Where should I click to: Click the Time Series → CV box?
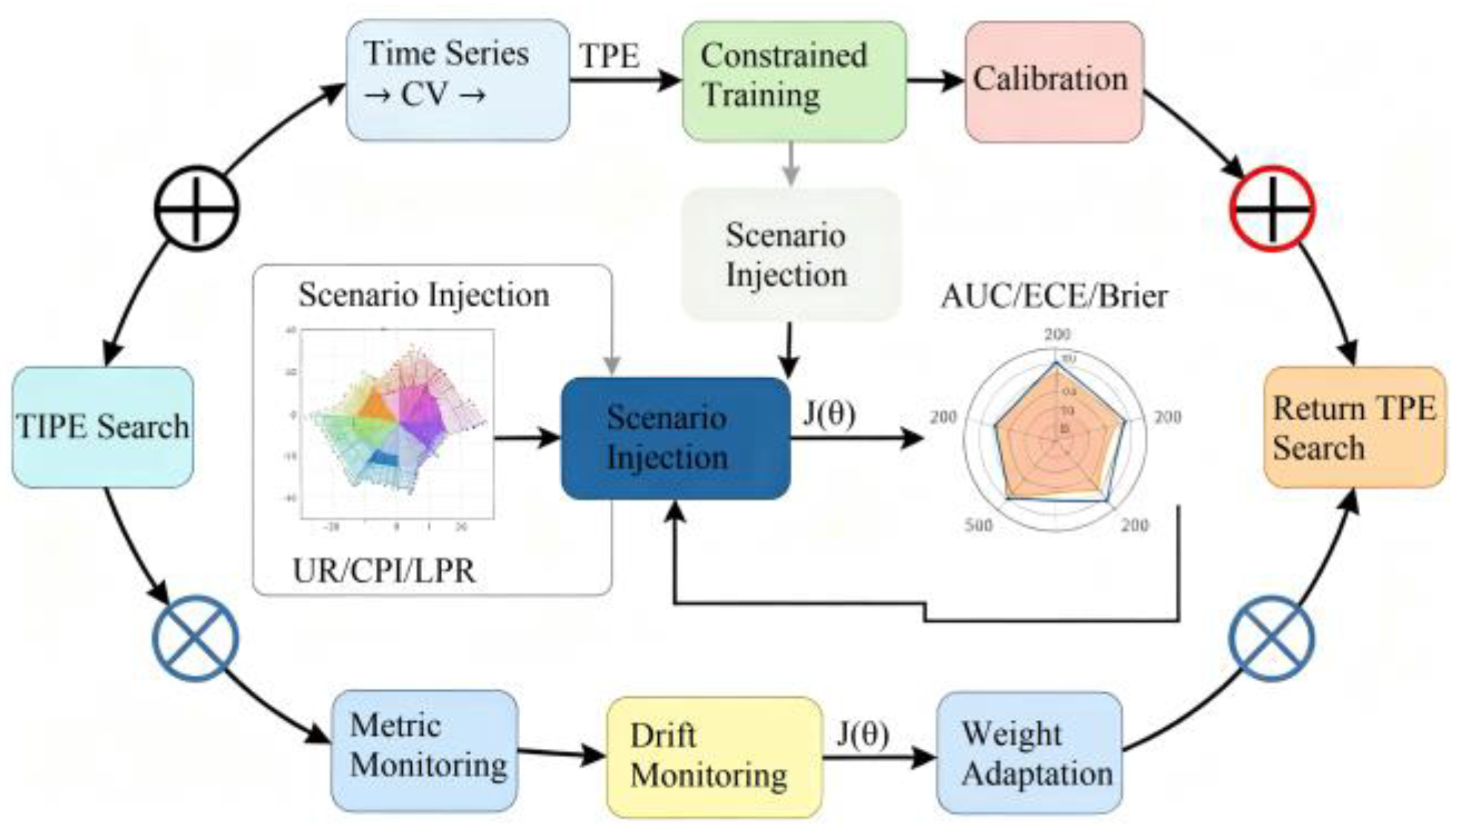pos(458,80)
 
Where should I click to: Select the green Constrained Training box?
pos(794,80)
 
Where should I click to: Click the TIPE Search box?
pos(102,427)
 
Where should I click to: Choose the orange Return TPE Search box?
pos(1355,427)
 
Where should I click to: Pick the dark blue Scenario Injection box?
pos(675,438)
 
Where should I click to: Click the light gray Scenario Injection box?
pos(791,254)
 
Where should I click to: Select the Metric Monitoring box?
pos(424,750)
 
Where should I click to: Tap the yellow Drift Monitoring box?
pos(714,756)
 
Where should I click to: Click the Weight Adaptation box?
pos(1030,753)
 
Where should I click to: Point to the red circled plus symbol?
pos(1272,208)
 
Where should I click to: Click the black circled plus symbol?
pos(197,208)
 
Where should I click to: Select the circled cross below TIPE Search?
pos(195,638)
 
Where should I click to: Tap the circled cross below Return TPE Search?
pos(1271,638)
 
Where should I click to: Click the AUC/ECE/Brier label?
pos(1054,297)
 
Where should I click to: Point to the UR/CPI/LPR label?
pos(384,571)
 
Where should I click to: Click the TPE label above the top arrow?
pos(609,56)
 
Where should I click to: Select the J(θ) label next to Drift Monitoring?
pos(863,733)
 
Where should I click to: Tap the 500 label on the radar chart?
pos(978,525)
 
